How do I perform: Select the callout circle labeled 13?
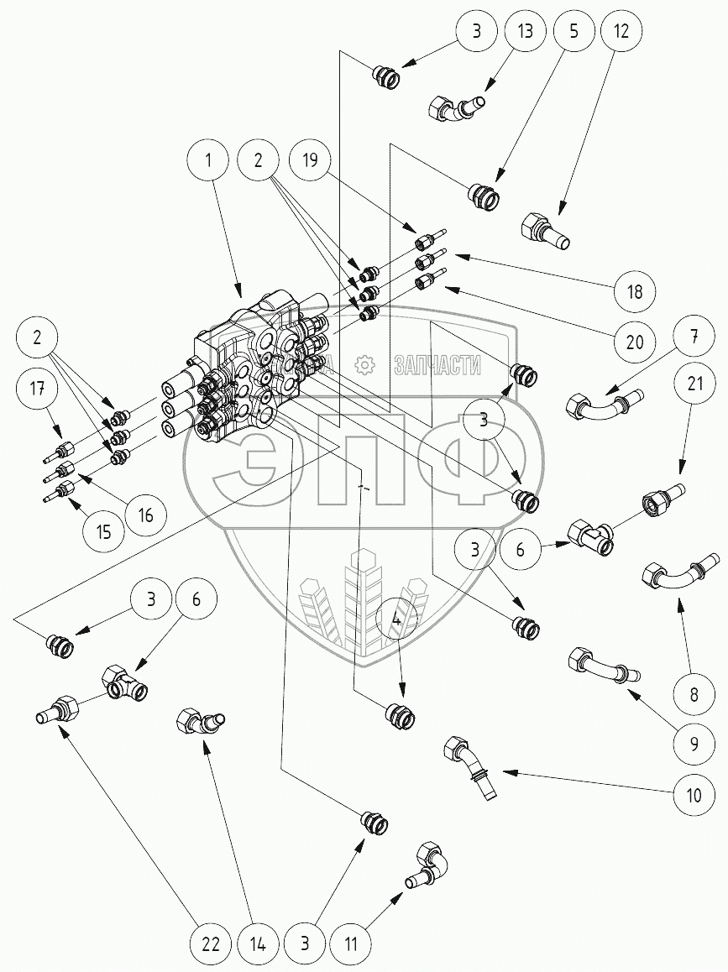pos(526,33)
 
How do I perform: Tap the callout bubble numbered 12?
pos(622,33)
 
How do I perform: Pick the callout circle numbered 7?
pos(694,338)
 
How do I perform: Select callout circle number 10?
pos(694,794)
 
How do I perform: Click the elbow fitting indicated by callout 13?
pos(457,107)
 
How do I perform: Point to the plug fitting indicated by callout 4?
pos(400,714)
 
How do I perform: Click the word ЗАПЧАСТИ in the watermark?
pos(437,365)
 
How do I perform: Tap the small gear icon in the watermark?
pos(363,364)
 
